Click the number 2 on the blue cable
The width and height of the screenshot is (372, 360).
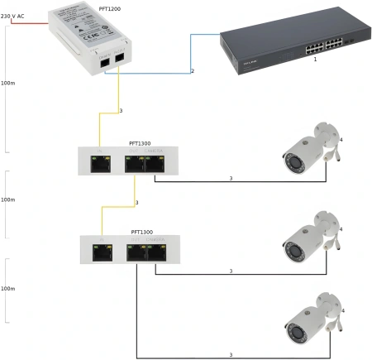[192, 71]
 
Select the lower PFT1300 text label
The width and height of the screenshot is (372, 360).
[142, 233]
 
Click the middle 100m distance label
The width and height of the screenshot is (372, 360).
[8, 199]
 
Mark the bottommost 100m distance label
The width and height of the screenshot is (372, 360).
[8, 290]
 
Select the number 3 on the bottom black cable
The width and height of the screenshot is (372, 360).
[231, 354]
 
